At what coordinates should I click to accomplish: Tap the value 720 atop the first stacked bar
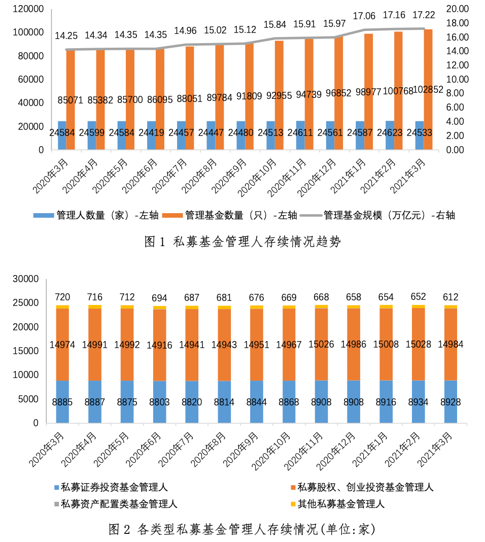(x=62, y=297)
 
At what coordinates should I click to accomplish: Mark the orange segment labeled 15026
(x=321, y=344)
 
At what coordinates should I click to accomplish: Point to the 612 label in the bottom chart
(x=451, y=297)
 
